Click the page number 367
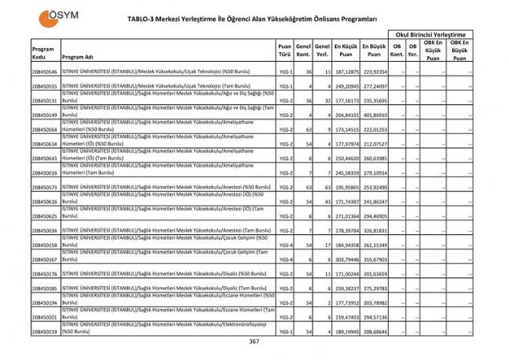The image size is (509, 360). pyautogui.click(x=254, y=342)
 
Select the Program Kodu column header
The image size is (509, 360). pyautogui.click(x=44, y=52)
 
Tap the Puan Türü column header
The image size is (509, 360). pyautogui.click(x=285, y=52)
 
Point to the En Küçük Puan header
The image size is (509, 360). pyautogui.click(x=346, y=52)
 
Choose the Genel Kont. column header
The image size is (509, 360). pyautogui.click(x=303, y=52)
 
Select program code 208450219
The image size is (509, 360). pyautogui.click(x=45, y=331)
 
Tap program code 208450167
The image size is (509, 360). pyautogui.click(x=45, y=259)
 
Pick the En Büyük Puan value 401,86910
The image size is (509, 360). pyautogui.click(x=374, y=115)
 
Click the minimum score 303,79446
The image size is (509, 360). pyautogui.click(x=346, y=259)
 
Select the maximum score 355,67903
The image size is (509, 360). pyautogui.click(x=374, y=259)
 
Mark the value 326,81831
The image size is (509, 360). pyautogui.click(x=374, y=230)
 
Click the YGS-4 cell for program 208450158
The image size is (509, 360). pyautogui.click(x=285, y=245)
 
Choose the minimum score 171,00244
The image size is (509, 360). pyautogui.click(x=346, y=273)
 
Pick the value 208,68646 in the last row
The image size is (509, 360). pyautogui.click(x=374, y=331)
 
